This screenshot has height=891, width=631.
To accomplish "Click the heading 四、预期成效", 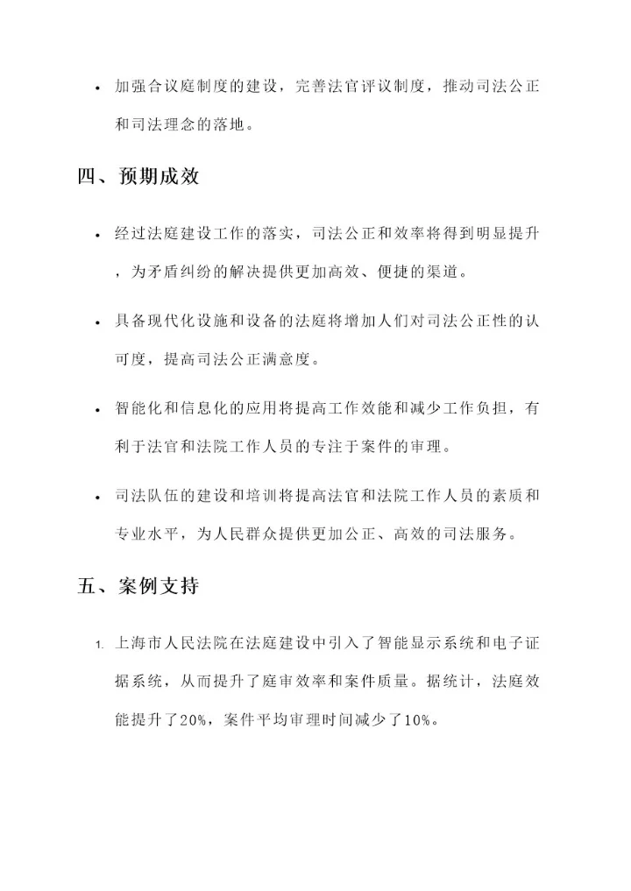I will [138, 176].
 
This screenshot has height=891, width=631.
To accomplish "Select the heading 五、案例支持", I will [138, 586].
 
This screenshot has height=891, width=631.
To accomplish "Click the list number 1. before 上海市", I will [100, 646].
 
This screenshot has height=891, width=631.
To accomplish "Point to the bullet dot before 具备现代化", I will [98, 323].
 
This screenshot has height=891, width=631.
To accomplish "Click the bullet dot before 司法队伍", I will [98, 498].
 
